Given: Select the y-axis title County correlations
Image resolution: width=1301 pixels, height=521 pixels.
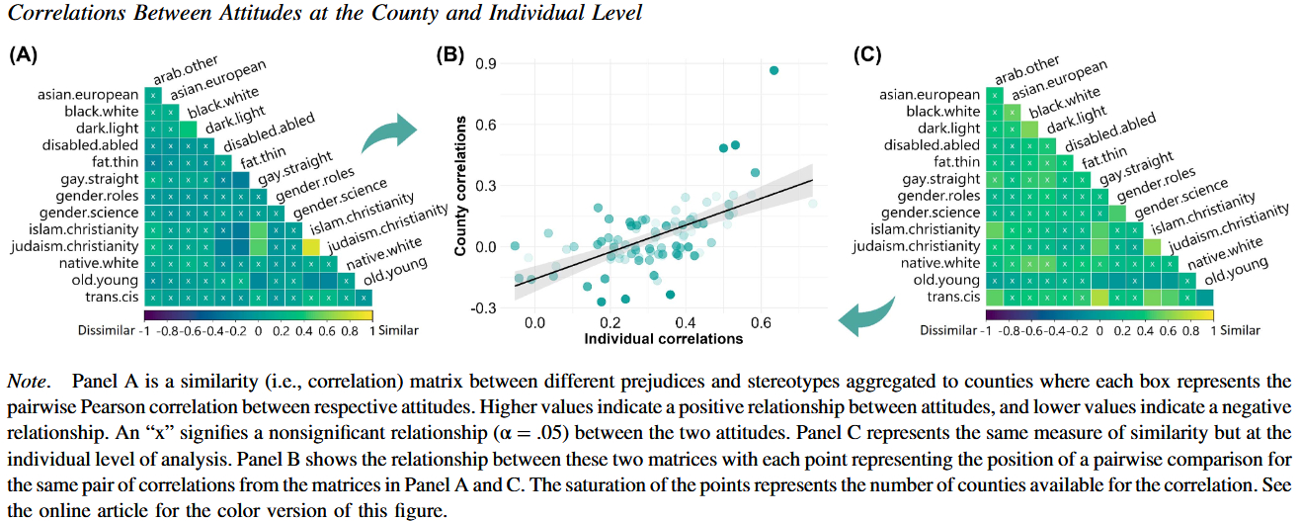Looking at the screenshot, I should coord(461,187).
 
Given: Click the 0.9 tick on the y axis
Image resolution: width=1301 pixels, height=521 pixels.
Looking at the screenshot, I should coord(485,64).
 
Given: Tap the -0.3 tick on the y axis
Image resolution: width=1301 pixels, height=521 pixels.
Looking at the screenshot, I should coord(482,307).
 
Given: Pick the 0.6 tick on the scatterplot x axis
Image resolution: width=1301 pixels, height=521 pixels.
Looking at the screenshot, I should coord(761,322).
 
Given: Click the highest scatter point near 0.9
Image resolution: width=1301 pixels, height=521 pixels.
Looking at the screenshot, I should coord(773,70).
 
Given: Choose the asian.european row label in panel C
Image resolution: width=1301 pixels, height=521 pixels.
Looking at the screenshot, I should coord(930,96).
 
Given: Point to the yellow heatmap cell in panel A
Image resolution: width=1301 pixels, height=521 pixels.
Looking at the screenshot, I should coord(310,246).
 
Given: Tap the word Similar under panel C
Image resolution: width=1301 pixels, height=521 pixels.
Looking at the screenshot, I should coord(1240,331).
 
